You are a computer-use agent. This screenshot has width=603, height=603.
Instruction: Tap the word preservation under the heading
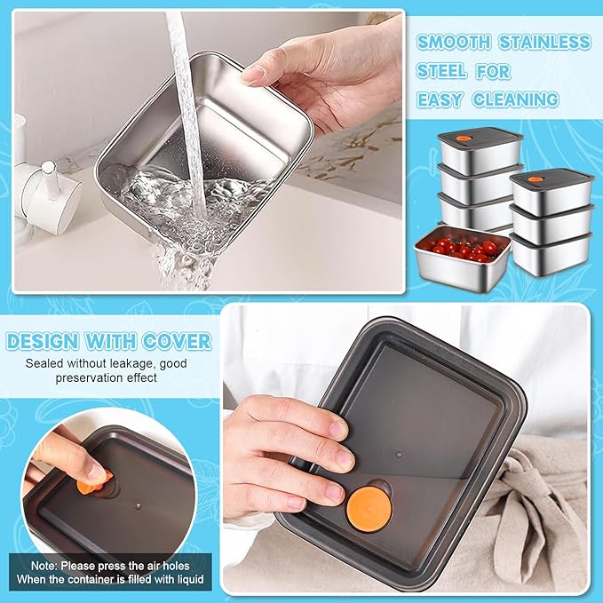(x=93, y=377)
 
